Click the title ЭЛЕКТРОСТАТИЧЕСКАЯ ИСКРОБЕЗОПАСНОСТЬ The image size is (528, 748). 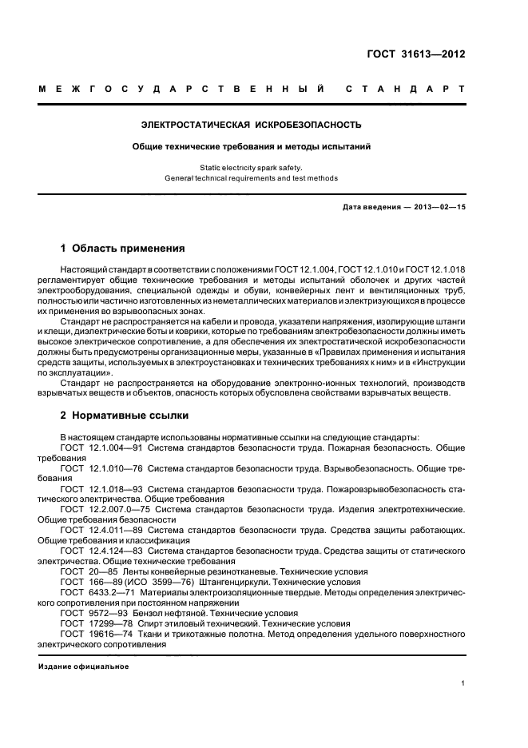coord(251,125)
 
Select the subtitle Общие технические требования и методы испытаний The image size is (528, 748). coord(251,146)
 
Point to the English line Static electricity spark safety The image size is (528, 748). coord(251,168)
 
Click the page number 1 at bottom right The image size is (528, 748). coord(463,683)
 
